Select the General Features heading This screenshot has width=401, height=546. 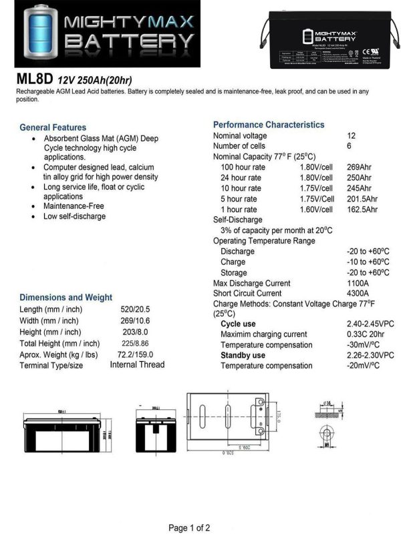53,127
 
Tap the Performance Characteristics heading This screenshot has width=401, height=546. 269,125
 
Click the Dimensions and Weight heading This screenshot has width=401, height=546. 65,297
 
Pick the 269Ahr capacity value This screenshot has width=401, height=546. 359,167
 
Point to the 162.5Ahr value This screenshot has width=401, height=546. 362,209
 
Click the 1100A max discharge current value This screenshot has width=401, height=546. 358,283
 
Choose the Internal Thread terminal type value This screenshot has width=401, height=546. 137,364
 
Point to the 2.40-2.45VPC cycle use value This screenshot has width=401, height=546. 370,324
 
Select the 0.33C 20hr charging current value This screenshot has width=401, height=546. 366,334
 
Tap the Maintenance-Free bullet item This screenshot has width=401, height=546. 74,206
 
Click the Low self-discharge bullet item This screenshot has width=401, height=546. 74,216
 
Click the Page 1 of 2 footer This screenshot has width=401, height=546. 189,528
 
